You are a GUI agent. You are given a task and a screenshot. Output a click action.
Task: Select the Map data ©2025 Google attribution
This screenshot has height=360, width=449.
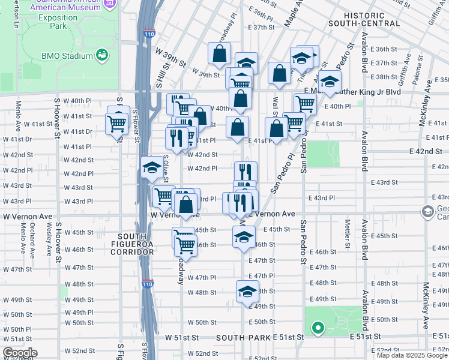click(412, 355)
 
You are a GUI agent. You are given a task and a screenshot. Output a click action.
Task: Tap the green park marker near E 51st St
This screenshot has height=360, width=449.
click(318, 328)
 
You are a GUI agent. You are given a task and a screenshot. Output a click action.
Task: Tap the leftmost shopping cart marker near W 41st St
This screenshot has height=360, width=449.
click(116, 123)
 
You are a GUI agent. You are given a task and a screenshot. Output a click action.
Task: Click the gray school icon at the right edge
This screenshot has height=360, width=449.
click(427, 211)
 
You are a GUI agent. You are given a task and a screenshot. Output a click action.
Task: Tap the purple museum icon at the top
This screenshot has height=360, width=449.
click(109, 3)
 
